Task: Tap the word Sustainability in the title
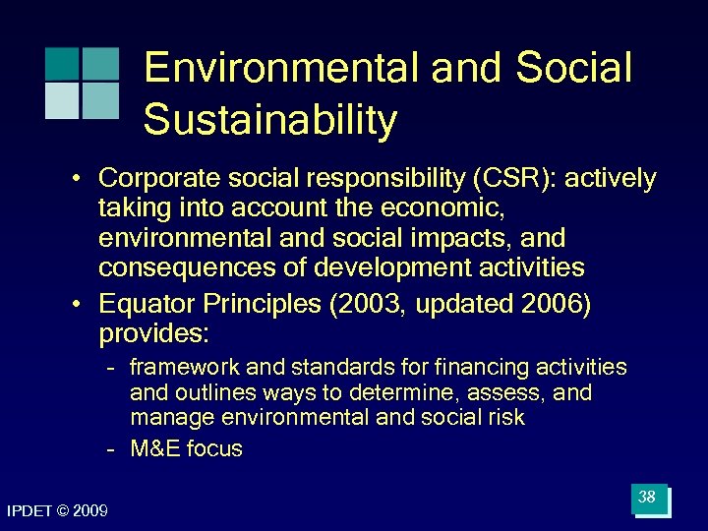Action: pyautogui.click(x=270, y=121)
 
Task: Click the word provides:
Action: pyautogui.click(x=153, y=334)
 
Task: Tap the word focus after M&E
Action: pyautogui.click(x=214, y=449)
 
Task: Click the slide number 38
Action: pyautogui.click(x=647, y=498)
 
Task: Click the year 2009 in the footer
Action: pyautogui.click(x=91, y=510)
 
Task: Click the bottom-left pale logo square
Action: pyautogui.click(x=61, y=100)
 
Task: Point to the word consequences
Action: pyautogui.click(x=178, y=267)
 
